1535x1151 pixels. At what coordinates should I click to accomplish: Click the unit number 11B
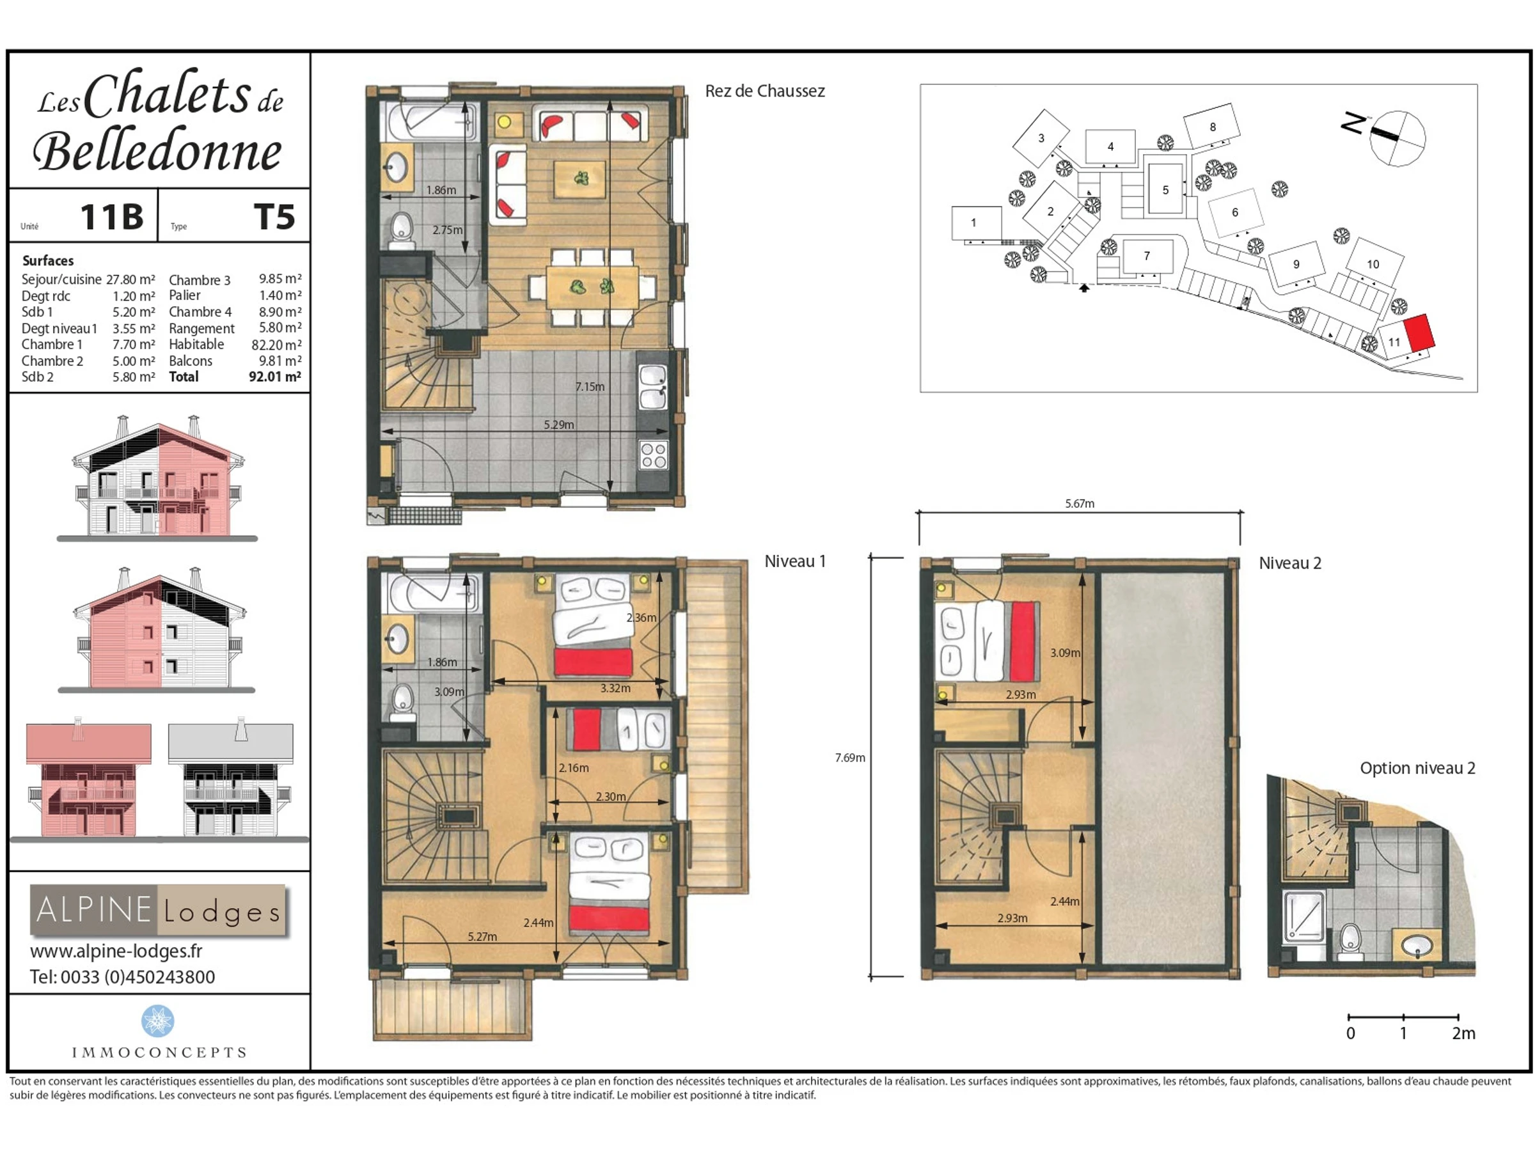coord(112,217)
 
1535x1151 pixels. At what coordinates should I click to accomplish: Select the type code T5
coord(274,217)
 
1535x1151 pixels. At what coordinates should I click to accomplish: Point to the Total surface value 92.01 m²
coord(275,377)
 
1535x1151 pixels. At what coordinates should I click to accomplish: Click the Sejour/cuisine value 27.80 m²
coord(130,279)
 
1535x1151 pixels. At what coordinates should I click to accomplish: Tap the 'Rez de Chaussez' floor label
coord(765,91)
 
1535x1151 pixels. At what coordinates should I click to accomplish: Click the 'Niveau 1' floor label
coord(795,561)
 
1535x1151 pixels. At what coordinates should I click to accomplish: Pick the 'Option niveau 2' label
coord(1417,768)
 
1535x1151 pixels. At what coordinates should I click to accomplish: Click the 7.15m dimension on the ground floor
coord(590,386)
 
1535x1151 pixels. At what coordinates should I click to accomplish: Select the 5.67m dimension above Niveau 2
coord(1080,504)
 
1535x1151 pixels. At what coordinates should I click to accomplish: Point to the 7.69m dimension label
coord(850,758)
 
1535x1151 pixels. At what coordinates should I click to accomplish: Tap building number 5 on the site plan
coord(1166,190)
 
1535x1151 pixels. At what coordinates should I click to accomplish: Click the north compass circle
coord(1397,138)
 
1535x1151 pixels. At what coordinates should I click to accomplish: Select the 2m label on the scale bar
coord(1463,1033)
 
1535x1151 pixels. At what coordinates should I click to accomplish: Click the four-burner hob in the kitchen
coord(654,455)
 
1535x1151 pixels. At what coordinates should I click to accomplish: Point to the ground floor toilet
coord(402,230)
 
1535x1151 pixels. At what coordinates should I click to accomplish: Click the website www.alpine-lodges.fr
coord(116,950)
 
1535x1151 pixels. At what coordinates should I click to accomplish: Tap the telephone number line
coord(122,977)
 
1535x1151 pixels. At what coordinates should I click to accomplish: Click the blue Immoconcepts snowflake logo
coord(157,1021)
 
